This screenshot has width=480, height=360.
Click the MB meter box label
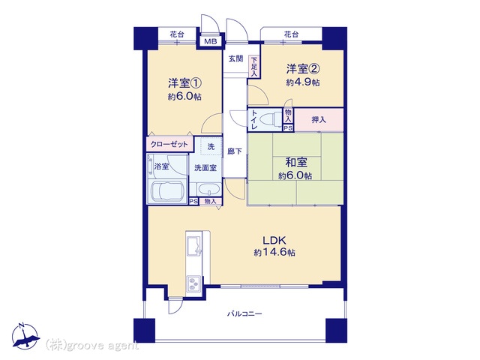[210, 41]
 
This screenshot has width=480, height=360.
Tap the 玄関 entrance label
[236, 58]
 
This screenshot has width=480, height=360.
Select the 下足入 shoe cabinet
[254, 67]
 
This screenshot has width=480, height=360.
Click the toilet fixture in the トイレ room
[271, 118]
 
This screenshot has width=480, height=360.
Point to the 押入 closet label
[319, 120]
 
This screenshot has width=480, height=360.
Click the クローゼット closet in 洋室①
[169, 144]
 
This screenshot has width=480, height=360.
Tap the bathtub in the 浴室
[166, 192]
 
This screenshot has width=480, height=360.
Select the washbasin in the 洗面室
[209, 190]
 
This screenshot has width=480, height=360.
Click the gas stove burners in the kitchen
[193, 283]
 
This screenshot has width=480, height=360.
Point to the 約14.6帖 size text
[274, 253]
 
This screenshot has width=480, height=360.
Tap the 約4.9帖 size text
[303, 82]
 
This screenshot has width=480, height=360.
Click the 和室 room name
[296, 163]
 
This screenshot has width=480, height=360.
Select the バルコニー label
[244, 313]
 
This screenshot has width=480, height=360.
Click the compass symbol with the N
[25, 336]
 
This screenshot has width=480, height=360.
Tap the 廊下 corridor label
[235, 151]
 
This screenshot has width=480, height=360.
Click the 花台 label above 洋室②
[291, 34]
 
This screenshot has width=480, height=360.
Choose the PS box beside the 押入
[288, 128]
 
